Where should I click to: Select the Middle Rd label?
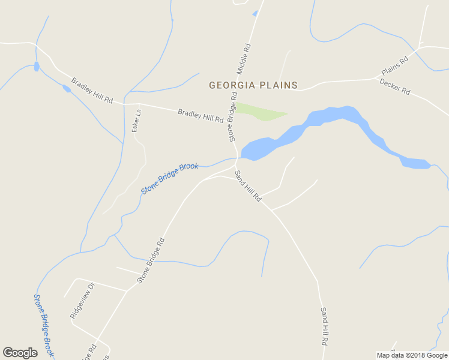pos(243,59)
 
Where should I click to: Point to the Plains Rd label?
pos(394,66)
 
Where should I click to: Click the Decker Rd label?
pos(395,86)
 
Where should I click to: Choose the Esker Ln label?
pos(137,120)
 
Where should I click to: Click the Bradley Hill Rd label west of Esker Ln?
pos(92,90)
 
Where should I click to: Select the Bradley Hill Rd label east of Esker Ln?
pos(200,115)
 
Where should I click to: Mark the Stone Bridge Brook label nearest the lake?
pos(170,178)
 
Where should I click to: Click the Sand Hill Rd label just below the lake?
pos(248,186)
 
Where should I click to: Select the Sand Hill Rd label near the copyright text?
pos(324,326)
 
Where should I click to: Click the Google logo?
pos(20,353)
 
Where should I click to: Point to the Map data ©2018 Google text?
pos(412,355)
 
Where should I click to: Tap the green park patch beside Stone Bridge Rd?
pos(259,112)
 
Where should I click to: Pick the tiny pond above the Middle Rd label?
pos(255,13)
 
